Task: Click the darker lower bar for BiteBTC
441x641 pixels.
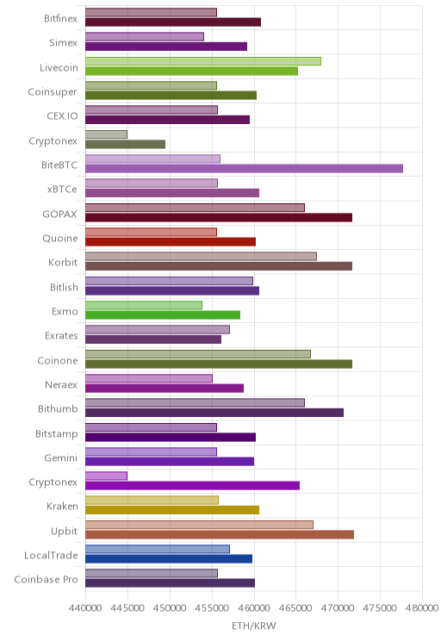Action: coord(244,168)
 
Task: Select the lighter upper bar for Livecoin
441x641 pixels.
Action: coord(203,61)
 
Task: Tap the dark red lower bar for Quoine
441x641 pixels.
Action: coord(171,241)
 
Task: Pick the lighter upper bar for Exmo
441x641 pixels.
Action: coord(144,305)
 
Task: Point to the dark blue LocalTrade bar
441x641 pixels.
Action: coord(169,559)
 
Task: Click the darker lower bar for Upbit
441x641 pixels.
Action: coord(220,534)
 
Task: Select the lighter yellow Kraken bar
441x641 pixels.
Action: coord(152,500)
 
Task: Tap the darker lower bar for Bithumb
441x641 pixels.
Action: coord(214,413)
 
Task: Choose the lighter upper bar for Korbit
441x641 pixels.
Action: coord(201,257)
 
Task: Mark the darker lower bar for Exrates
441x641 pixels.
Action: coord(153,339)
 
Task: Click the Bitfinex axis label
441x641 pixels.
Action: coord(60,19)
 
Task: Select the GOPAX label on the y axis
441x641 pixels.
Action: coord(59,214)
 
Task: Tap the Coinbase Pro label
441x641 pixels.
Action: coord(46,579)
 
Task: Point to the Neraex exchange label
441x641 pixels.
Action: coord(61,384)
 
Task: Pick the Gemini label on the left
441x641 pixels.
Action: coord(60,457)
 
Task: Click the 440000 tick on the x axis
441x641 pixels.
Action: coord(85,608)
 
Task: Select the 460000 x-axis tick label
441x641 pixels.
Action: coord(254,608)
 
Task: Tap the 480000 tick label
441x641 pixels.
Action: coord(422,608)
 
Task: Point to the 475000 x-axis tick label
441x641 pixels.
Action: coord(380,608)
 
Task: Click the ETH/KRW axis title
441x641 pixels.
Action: coord(254,625)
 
